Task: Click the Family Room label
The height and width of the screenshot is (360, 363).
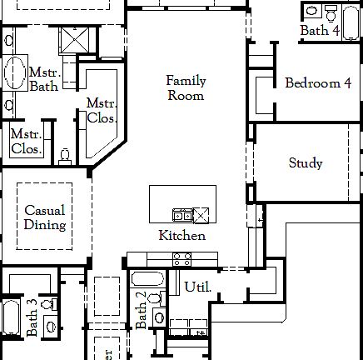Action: [x=185, y=87]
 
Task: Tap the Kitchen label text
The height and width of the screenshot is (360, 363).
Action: [x=181, y=236]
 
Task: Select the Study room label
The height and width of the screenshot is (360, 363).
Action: [x=306, y=163]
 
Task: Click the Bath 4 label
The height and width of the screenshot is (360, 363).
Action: [x=320, y=31]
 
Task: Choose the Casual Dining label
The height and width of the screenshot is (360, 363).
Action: [x=44, y=217]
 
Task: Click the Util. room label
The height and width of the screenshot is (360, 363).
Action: [x=197, y=287]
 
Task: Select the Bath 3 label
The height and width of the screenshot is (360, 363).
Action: [x=32, y=317]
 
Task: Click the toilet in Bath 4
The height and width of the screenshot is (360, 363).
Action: [x=331, y=12]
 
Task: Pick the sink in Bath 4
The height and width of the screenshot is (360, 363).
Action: [x=311, y=12]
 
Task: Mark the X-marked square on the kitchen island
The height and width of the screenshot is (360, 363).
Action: [x=201, y=215]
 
